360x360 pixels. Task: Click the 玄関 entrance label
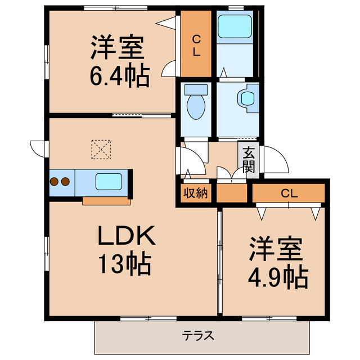[249, 159]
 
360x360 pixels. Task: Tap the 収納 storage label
[196, 193]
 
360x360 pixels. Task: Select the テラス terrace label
[198, 336]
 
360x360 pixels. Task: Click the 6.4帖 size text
[120, 75]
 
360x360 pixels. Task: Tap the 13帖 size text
[125, 263]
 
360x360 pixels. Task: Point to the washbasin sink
[247, 98]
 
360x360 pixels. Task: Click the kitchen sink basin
[110, 182]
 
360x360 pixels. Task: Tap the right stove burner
[65, 182]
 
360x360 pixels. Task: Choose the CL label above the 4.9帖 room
[289, 193]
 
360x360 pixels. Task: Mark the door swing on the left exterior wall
[37, 147]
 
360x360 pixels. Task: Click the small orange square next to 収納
[232, 193]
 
